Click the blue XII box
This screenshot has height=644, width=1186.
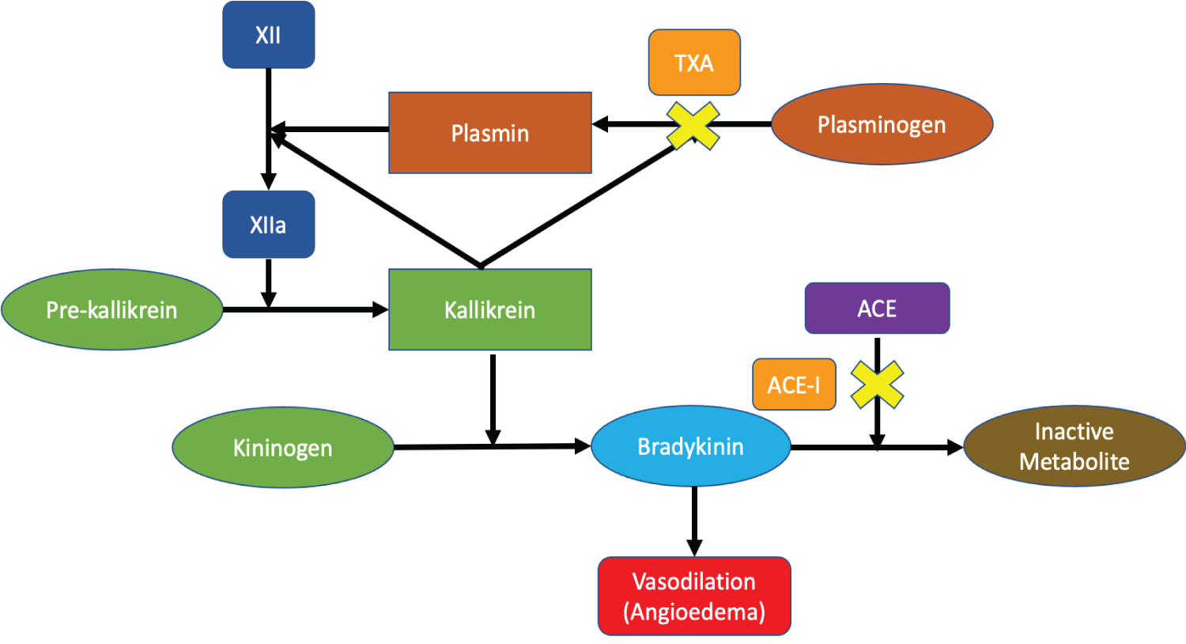269,35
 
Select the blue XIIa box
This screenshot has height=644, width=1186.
269,225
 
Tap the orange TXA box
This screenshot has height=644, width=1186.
694,63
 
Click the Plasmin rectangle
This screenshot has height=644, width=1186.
490,133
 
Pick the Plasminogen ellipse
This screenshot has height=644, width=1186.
882,124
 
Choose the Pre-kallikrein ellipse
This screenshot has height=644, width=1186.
111,309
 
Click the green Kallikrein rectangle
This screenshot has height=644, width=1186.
490,309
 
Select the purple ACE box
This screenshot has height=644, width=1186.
877,308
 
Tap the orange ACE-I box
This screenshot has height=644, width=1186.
794,385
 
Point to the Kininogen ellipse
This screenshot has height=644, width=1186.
282,448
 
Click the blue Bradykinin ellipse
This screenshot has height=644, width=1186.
690,446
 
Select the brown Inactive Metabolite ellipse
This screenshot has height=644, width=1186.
1074,446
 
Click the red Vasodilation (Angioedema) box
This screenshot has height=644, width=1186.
694,596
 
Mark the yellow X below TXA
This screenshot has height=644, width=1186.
693,126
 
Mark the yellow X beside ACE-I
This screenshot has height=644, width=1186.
877,385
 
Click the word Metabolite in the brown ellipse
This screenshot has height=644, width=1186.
1074,461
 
